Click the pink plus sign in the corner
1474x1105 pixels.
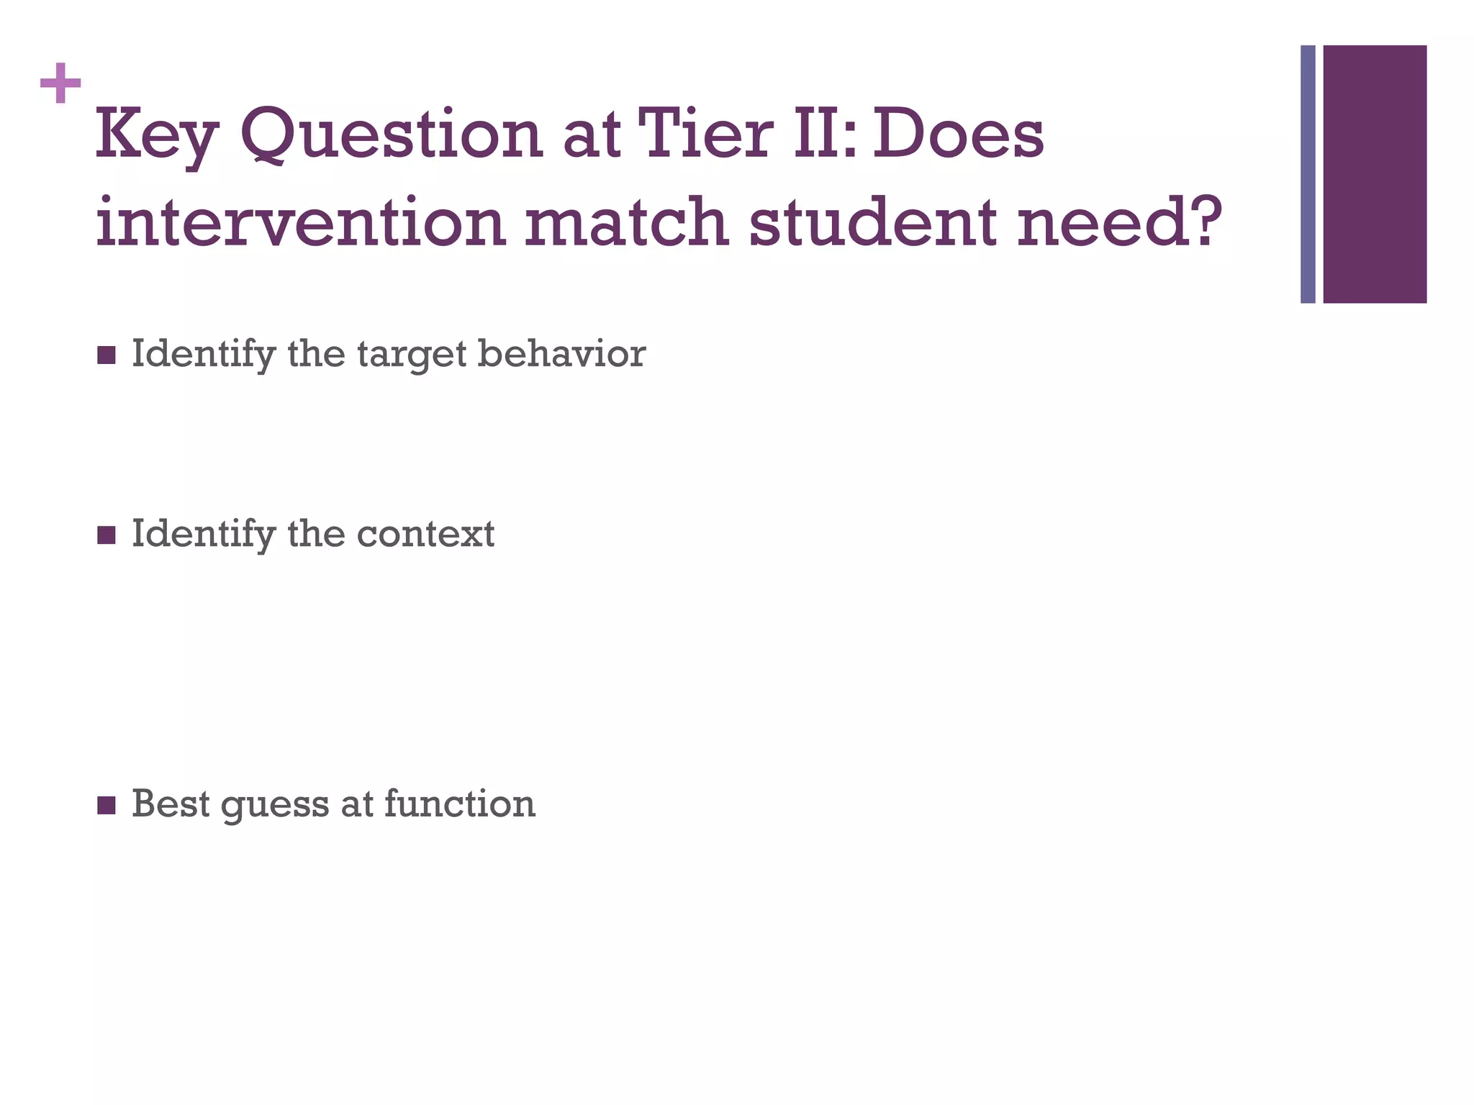pos(60,83)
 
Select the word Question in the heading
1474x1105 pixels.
pos(391,134)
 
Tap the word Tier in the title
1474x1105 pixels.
pos(705,134)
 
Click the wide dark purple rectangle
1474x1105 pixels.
pos(1375,174)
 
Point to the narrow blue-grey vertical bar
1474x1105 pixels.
pos(1308,174)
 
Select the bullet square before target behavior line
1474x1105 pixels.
pos(106,355)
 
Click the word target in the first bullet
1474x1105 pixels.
pos(411,355)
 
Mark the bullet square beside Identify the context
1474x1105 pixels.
pos(106,535)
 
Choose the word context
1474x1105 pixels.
pos(425,535)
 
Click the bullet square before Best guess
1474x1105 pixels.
pos(106,805)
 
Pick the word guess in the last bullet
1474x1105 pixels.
pos(275,804)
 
